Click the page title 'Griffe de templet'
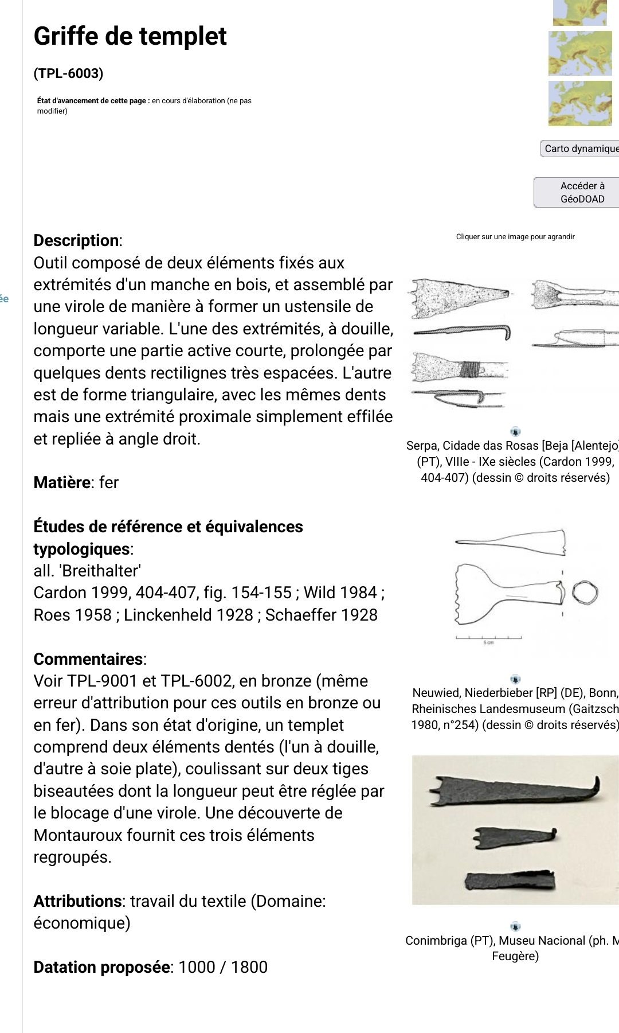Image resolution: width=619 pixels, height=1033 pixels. coord(130,36)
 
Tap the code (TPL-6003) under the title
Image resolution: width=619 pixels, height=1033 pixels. coord(69,73)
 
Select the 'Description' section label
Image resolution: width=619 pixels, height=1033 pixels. coord(77,240)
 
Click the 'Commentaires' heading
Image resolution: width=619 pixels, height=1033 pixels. coord(88,659)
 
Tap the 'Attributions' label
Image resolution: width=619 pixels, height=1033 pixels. coord(77,901)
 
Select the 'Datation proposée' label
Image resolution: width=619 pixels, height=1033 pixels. coord(101,967)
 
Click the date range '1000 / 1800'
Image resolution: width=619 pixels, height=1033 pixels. coord(223,967)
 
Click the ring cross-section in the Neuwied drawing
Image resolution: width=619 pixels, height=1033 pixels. coord(585,592)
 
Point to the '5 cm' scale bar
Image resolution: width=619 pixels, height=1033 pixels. coord(488,639)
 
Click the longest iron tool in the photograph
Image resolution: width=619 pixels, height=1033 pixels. coord(514,789)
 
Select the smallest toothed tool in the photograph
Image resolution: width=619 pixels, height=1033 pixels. coord(513,838)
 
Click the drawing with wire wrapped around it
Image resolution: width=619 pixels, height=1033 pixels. coord(460,368)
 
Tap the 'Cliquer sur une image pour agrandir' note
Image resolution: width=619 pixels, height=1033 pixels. coord(515,236)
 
